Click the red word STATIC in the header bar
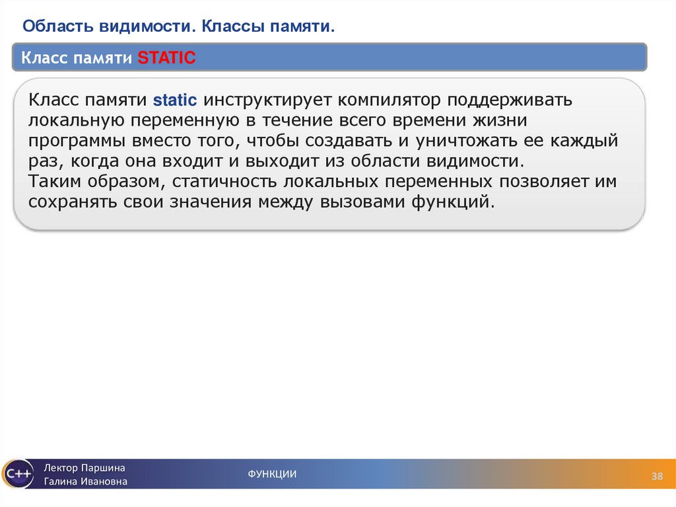pos(166,58)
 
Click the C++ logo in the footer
pos(17,474)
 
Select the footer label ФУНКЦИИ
pos(272,474)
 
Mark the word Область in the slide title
pos(57,26)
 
